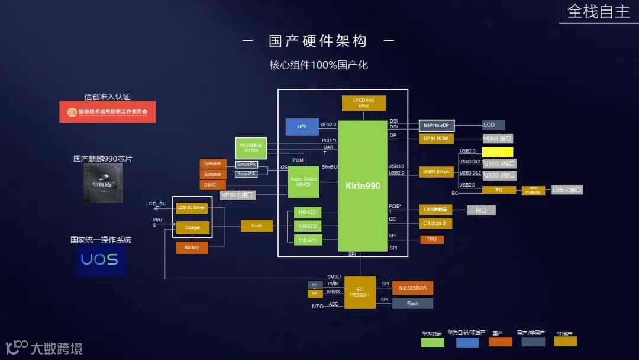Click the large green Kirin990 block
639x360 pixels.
(x=362, y=186)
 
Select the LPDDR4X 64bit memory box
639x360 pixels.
(x=363, y=102)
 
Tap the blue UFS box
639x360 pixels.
(x=302, y=127)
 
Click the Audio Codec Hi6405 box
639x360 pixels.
(x=303, y=182)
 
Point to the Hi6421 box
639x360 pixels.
(x=308, y=240)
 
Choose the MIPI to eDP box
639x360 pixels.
(x=437, y=125)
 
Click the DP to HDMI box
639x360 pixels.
(x=437, y=139)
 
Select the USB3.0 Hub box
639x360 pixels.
(x=437, y=172)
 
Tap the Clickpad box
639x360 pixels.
(x=436, y=223)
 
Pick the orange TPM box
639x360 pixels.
(x=431, y=239)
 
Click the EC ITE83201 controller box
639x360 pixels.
(x=360, y=292)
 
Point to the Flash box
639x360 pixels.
(x=412, y=303)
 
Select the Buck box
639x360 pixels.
(x=257, y=226)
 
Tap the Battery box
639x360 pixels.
(x=192, y=247)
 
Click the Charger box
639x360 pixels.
(x=192, y=227)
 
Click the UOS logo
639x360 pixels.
(x=100, y=260)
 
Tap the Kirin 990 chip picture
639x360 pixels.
(x=102, y=183)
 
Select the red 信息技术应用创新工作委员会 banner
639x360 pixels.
(x=107, y=111)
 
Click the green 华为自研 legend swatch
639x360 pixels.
(x=432, y=342)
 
